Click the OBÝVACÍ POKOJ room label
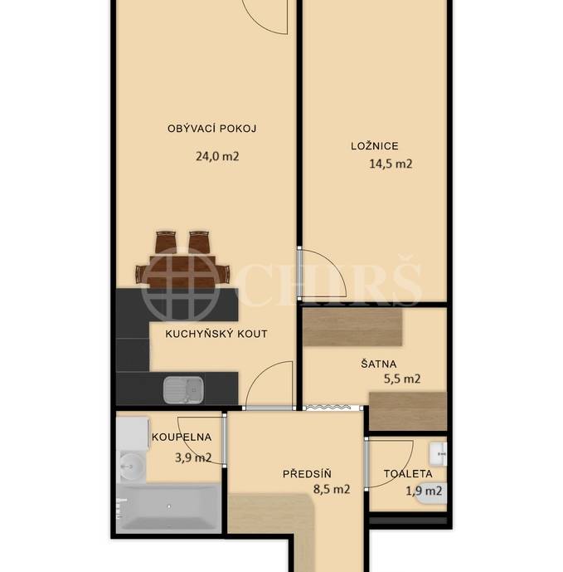(211, 129)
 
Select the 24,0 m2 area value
(217, 155)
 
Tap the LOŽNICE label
(374, 146)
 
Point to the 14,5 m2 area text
(391, 164)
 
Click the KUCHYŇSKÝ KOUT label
(216, 334)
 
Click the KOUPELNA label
(182, 437)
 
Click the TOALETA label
(407, 474)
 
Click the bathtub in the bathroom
(169, 506)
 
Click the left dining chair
(166, 242)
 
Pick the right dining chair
(199, 242)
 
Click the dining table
(182, 271)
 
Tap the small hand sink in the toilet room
(440, 452)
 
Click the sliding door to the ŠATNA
(332, 407)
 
